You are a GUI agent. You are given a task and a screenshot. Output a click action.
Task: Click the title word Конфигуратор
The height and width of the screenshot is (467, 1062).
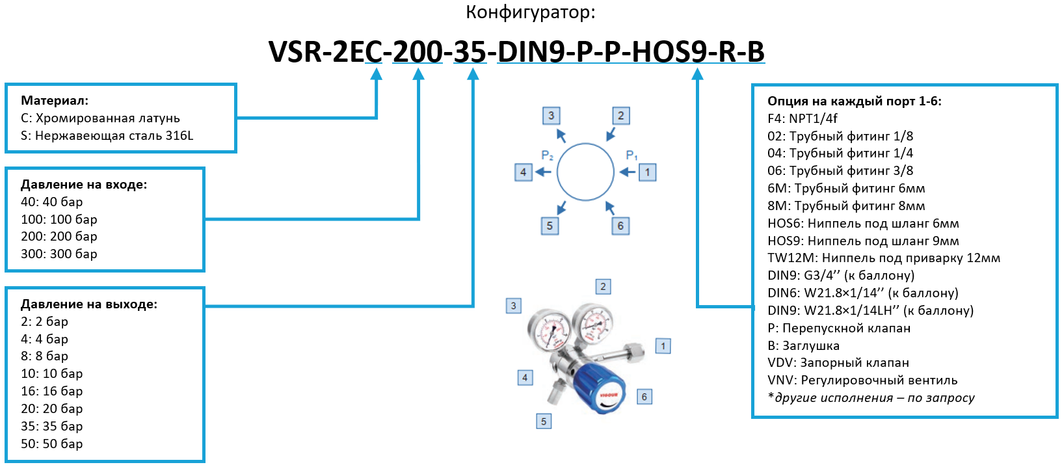(x=530, y=12)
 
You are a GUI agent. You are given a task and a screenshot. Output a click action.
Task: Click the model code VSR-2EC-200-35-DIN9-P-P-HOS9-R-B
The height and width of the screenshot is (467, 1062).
(x=516, y=51)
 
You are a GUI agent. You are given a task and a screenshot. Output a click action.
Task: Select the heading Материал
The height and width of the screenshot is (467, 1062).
(x=55, y=100)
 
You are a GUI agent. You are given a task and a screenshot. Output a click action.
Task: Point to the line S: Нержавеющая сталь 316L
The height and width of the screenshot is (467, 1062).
(x=107, y=135)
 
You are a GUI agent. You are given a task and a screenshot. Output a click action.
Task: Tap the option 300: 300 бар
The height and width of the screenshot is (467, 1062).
(x=59, y=254)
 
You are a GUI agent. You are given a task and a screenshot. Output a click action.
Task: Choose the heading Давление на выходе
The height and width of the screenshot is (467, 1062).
(x=89, y=304)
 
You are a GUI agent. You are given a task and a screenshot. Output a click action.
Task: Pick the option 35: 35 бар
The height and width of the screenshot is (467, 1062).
(x=51, y=426)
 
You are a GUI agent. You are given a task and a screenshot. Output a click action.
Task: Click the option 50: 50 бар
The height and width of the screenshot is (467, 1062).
(x=51, y=444)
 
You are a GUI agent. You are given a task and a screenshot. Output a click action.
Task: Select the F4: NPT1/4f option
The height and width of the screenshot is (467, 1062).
(x=802, y=118)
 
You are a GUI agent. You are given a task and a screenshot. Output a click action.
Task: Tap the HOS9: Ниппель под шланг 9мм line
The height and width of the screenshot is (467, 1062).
(x=863, y=241)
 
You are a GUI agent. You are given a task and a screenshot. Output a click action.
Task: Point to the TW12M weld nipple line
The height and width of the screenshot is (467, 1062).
(x=883, y=258)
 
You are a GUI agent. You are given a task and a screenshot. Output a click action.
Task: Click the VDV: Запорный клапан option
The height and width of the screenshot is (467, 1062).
(x=838, y=362)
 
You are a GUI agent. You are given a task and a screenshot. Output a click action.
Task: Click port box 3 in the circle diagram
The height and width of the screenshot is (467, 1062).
(x=551, y=116)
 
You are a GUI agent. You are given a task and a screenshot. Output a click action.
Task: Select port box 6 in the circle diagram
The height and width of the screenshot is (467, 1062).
(x=620, y=226)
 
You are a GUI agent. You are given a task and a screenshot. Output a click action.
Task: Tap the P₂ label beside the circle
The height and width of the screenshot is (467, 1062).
(x=547, y=155)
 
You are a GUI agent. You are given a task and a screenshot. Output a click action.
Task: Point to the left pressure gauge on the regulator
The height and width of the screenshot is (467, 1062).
(x=548, y=328)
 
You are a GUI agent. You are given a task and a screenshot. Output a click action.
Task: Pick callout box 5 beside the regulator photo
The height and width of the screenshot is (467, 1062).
(x=544, y=421)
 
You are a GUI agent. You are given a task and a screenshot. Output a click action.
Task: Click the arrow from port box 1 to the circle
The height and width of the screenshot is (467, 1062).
(x=627, y=172)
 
